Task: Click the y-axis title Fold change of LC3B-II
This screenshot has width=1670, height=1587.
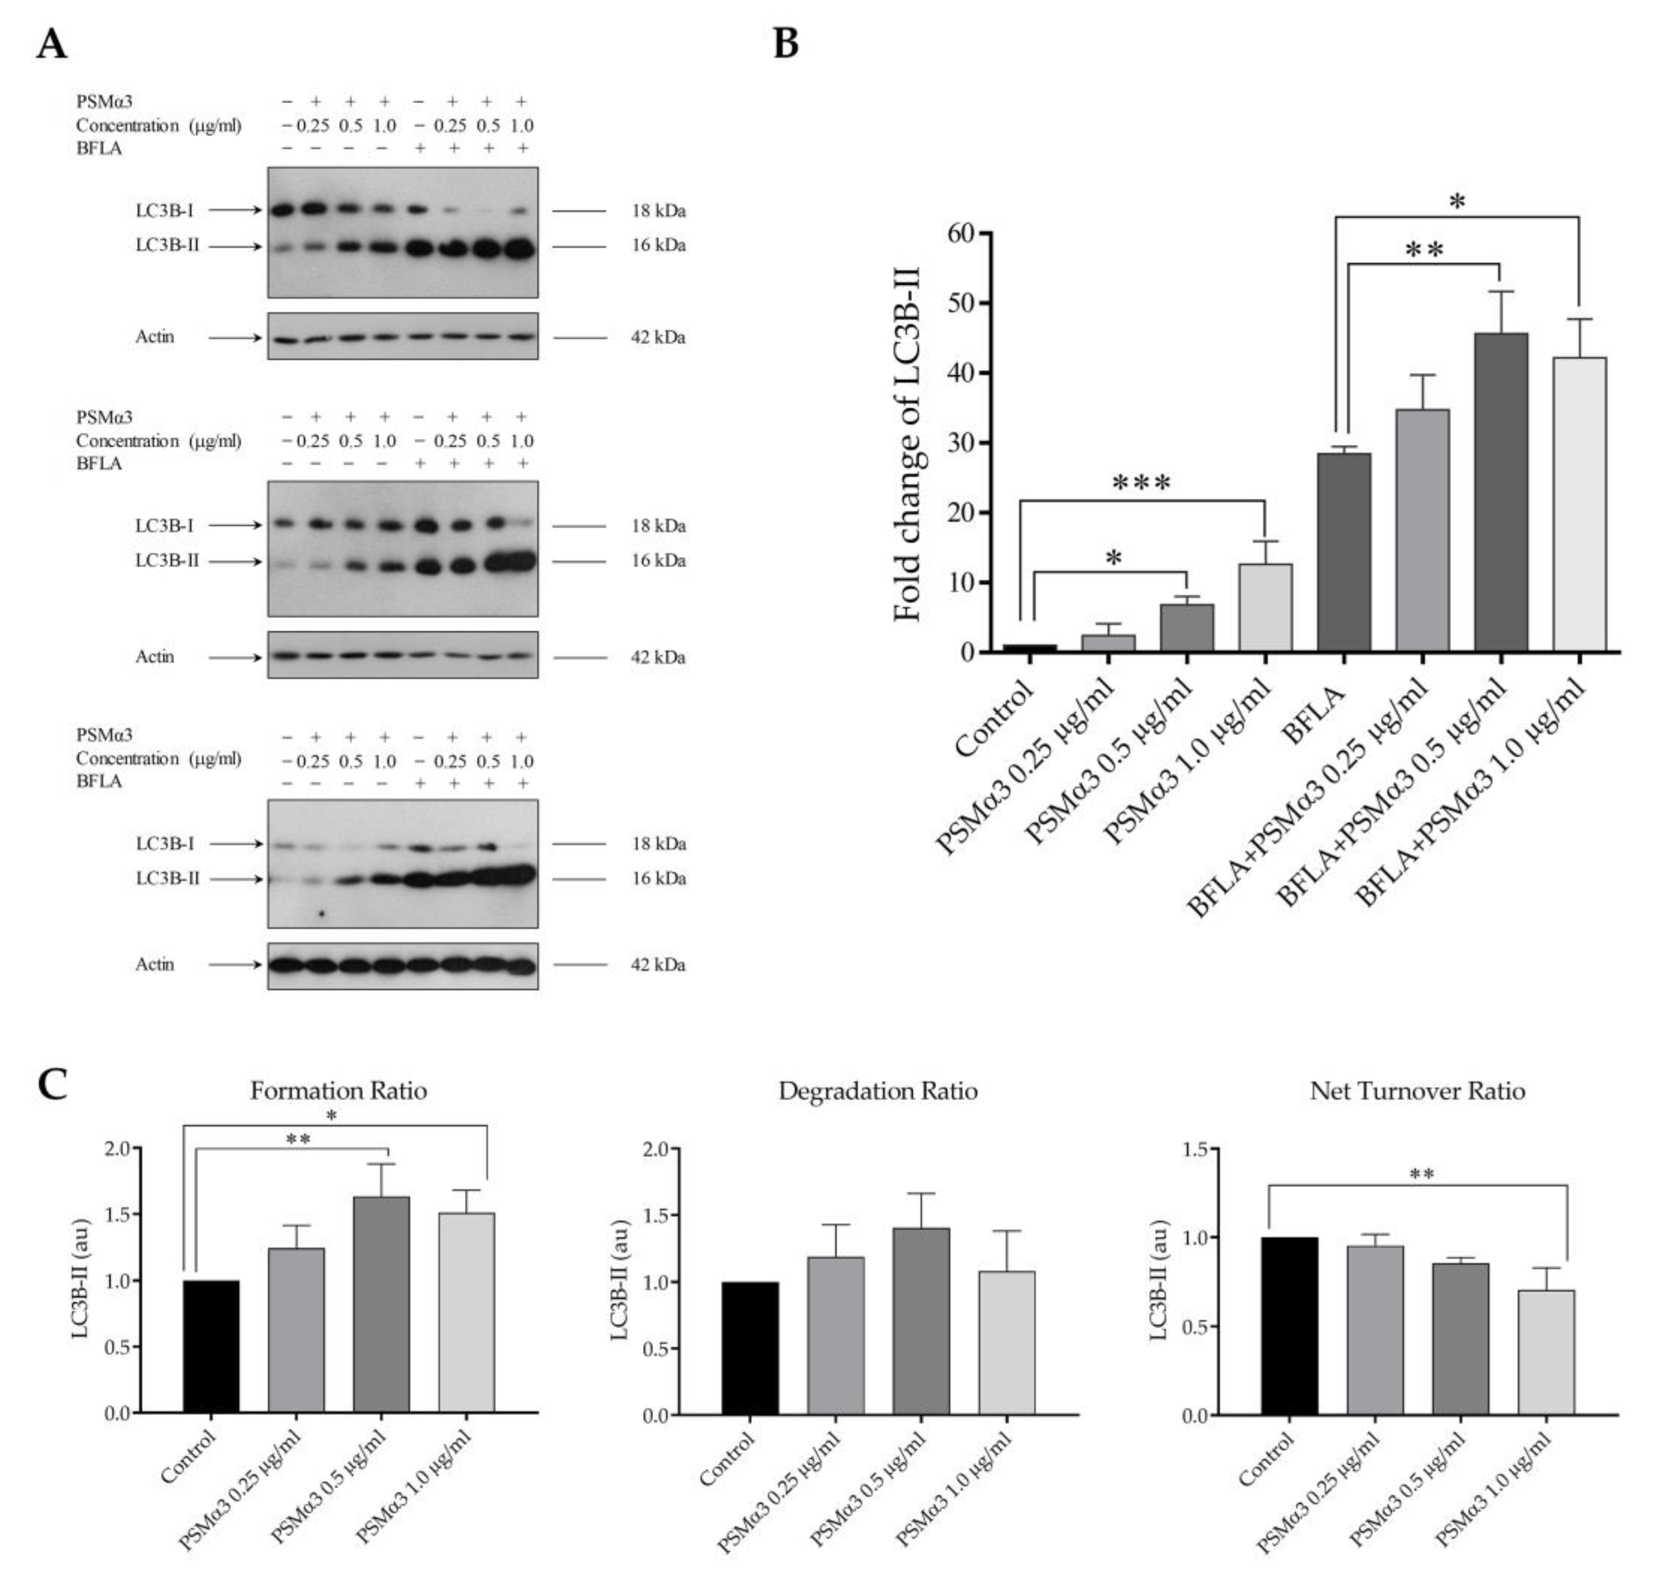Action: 907,443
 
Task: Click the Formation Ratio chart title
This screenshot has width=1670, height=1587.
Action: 339,1091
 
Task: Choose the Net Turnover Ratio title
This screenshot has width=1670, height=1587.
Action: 1417,1091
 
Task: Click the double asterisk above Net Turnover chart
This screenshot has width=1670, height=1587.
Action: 1421,1174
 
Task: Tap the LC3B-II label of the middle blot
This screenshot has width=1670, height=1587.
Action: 167,561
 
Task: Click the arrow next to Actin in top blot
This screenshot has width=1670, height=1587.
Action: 235,338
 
